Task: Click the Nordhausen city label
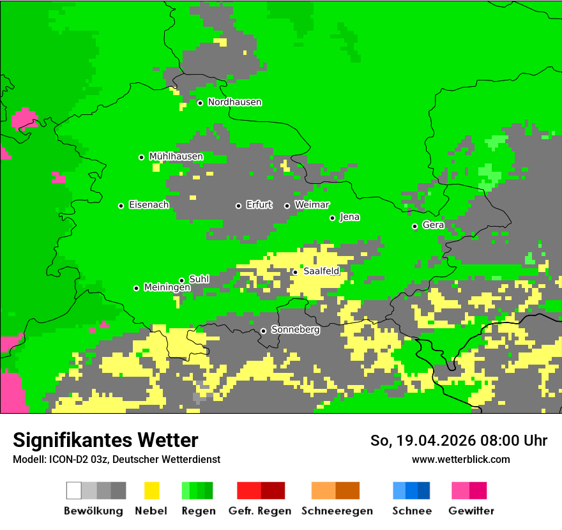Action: [234, 102]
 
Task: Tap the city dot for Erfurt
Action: [238, 206]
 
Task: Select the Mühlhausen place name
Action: [176, 156]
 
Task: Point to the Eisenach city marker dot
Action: [121, 206]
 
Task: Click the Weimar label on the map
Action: [312, 205]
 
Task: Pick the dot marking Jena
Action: [332, 218]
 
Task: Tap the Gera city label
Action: [433, 225]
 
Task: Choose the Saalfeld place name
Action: [321, 271]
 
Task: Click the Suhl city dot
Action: [181, 280]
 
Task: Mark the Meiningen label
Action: [167, 287]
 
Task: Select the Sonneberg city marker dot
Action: [263, 331]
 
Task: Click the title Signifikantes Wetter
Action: [105, 440]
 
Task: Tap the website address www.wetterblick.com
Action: [460, 459]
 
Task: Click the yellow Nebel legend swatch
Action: [151, 490]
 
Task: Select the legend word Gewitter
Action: [471, 511]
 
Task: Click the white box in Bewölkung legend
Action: [73, 490]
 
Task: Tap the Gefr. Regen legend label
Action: [259, 511]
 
